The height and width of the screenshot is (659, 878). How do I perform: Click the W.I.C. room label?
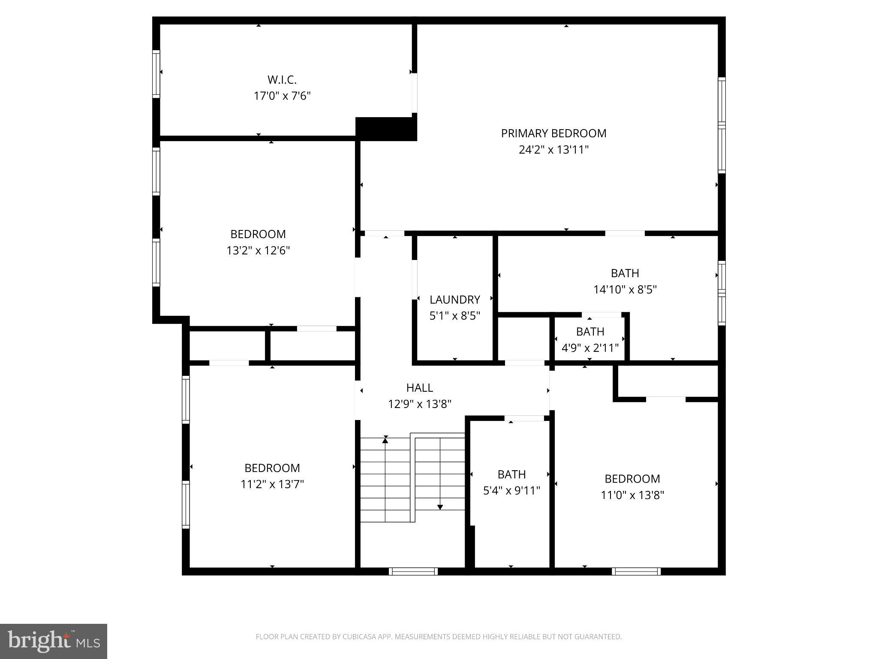(x=282, y=80)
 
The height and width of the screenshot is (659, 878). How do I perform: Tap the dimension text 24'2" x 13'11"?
(x=553, y=150)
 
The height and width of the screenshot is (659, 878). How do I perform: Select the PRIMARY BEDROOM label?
(x=553, y=133)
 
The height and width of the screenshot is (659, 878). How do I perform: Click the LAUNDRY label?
(x=454, y=299)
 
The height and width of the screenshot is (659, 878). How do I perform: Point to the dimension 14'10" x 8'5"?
(x=625, y=290)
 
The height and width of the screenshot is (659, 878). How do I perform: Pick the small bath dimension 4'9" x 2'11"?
(x=590, y=348)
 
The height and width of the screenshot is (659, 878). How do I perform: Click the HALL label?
(x=419, y=388)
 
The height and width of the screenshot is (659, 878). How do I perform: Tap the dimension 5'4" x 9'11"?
(x=511, y=490)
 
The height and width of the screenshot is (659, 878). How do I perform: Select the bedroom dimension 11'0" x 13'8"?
(x=632, y=495)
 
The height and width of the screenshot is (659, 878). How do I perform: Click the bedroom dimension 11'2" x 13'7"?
(x=272, y=484)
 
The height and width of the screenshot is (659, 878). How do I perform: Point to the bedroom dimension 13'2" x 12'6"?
(x=258, y=251)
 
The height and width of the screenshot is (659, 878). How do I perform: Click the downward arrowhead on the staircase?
(x=440, y=507)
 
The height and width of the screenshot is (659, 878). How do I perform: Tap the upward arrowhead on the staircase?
(x=385, y=439)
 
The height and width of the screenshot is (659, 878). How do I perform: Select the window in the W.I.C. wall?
(x=156, y=74)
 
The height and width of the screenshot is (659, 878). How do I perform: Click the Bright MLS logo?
(x=53, y=641)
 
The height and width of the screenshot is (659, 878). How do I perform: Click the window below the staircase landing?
(x=413, y=571)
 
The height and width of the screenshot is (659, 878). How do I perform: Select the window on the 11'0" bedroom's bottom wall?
(x=636, y=571)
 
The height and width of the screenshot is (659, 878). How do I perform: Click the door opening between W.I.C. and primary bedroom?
(x=414, y=93)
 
